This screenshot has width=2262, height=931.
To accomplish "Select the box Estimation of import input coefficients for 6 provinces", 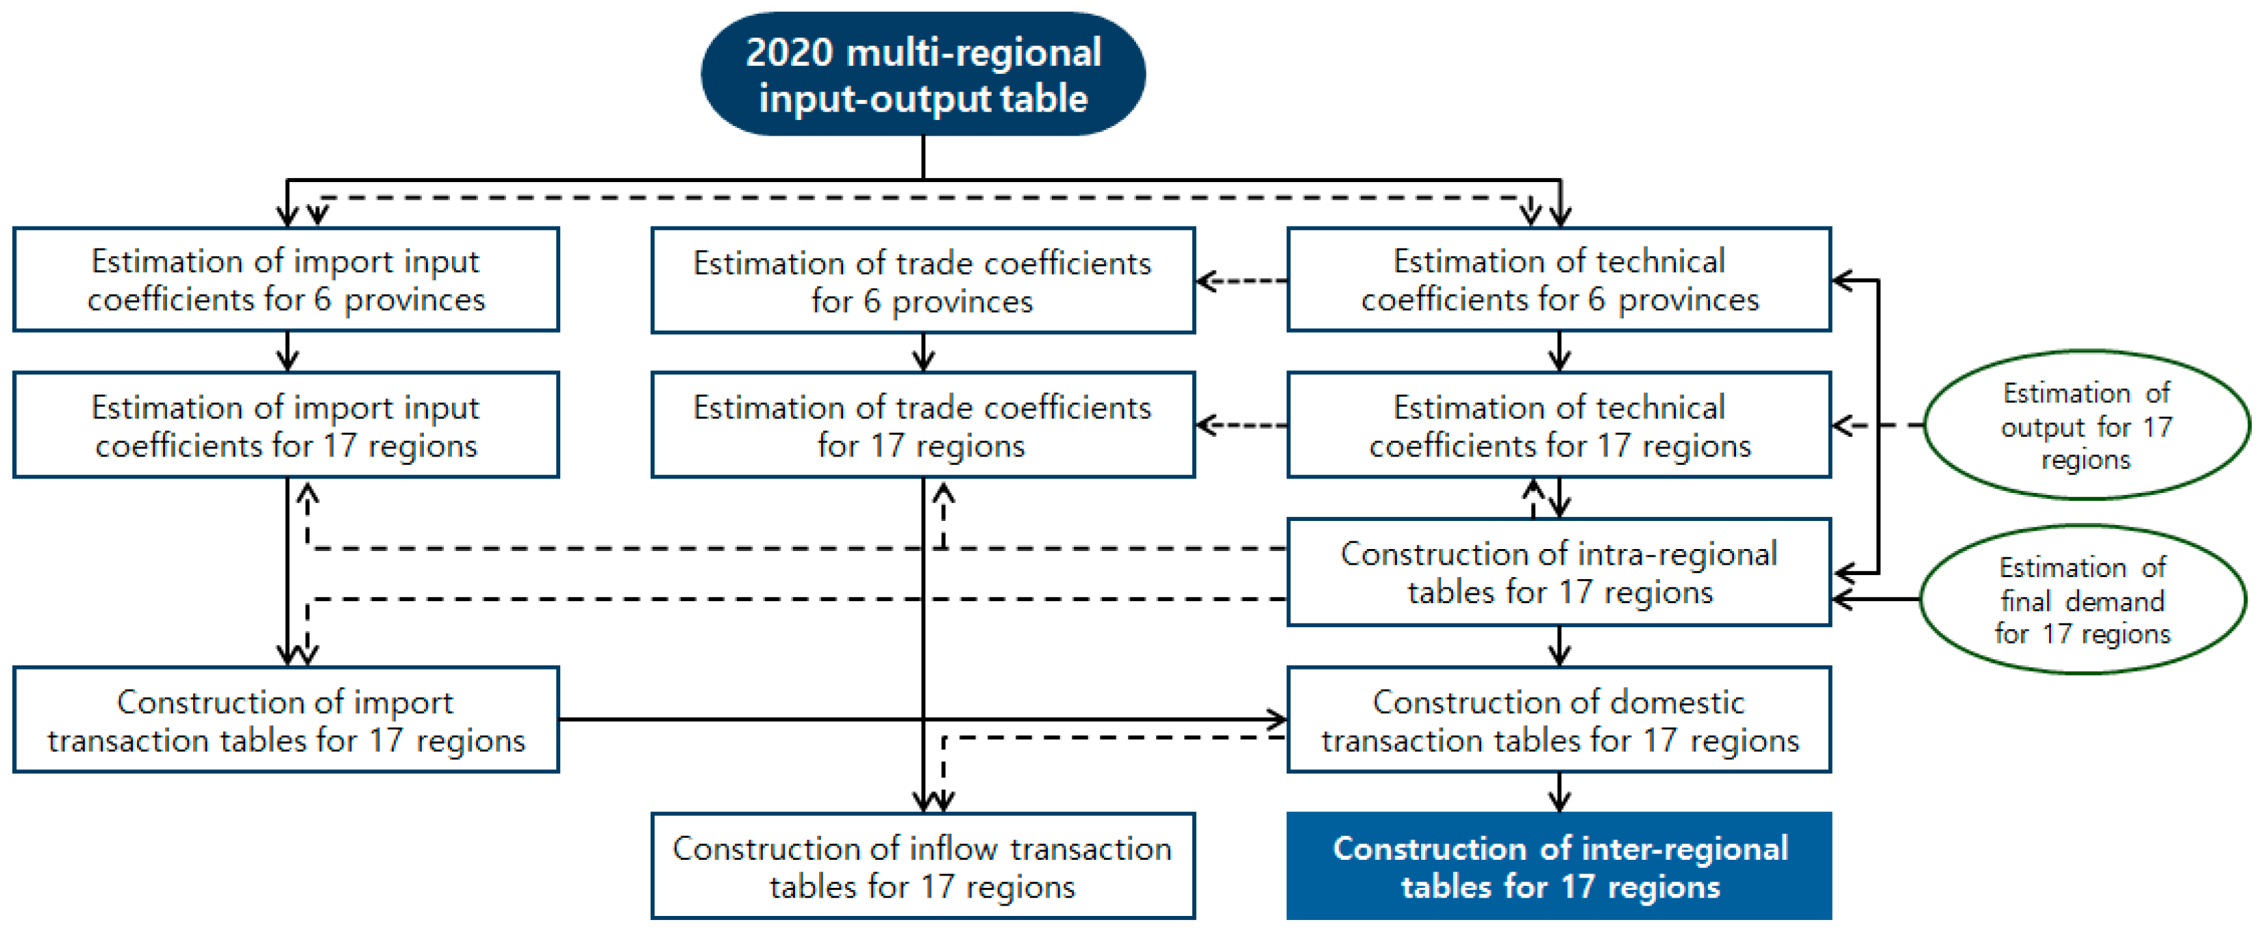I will [x=286, y=280].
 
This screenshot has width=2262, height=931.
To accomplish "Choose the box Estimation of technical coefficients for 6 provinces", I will [x=1559, y=280].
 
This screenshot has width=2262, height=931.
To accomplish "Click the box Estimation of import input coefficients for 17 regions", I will [x=286, y=426].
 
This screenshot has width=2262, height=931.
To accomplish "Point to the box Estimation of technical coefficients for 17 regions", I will [x=1559, y=426].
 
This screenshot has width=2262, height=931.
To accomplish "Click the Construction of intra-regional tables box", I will [x=1559, y=572].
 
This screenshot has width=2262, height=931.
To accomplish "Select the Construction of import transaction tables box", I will [x=286, y=720].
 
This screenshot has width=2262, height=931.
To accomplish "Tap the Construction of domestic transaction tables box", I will [x=1559, y=720].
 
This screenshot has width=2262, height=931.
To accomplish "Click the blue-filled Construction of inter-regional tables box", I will [x=1559, y=867].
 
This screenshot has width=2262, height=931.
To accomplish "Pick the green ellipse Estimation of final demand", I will [x=2083, y=600].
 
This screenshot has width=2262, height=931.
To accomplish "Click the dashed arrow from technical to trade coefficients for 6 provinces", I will [x=1242, y=281].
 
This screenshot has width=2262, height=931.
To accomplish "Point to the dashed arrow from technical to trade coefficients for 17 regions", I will [x=1242, y=426].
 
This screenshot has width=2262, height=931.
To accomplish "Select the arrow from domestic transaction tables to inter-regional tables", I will [x=1559, y=792].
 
